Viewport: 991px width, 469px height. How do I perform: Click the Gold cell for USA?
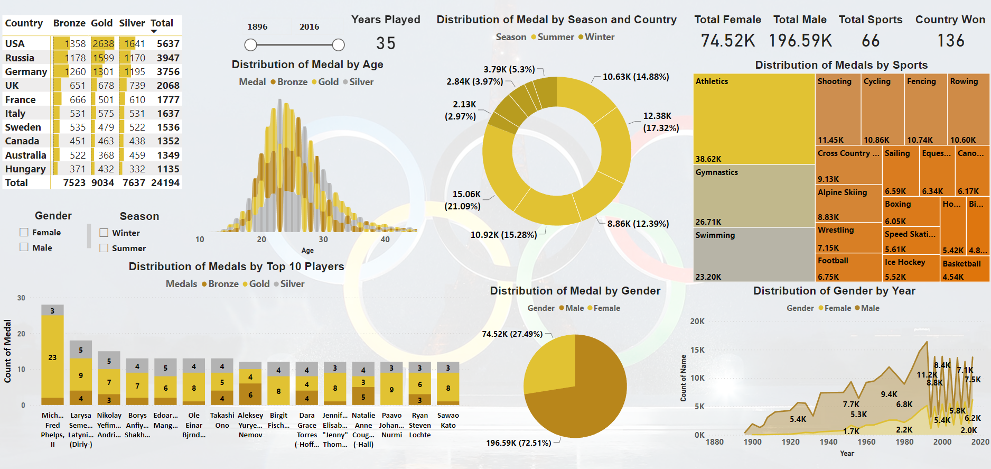point(103,44)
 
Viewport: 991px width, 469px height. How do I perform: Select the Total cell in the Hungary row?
point(168,169)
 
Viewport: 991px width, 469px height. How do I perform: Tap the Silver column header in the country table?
point(132,23)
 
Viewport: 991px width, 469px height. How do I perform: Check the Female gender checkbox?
point(24,232)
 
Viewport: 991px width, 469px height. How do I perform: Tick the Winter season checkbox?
point(104,233)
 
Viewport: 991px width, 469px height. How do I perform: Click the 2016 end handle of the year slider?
point(338,45)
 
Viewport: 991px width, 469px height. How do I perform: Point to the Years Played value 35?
point(386,43)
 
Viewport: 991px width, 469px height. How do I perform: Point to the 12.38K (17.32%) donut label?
point(660,122)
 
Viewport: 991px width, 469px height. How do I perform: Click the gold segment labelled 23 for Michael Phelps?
point(52,357)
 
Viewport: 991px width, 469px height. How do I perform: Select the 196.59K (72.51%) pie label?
point(518,443)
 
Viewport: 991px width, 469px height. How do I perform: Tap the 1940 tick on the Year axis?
point(828,442)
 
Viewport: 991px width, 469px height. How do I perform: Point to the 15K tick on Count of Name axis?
point(697,350)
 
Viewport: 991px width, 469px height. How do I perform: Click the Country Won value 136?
point(950,41)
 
